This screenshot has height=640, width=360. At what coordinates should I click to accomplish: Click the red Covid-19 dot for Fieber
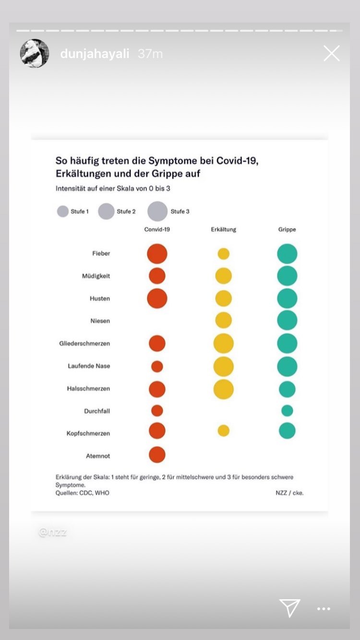[157, 254]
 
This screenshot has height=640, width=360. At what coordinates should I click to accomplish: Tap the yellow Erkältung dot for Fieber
[224, 254]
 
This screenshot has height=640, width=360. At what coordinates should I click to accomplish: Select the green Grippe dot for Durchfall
[287, 411]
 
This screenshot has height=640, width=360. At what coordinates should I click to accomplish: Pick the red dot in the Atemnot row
[157, 455]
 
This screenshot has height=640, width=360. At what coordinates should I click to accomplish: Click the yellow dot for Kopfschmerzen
[224, 430]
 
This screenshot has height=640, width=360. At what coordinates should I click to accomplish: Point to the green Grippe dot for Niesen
[287, 320]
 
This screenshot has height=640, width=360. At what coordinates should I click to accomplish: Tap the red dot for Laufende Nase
[157, 367]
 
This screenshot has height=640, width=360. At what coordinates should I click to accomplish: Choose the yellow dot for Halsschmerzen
[224, 389]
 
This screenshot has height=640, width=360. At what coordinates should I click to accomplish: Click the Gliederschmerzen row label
[84, 344]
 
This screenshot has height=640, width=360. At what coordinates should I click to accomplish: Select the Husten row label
[100, 298]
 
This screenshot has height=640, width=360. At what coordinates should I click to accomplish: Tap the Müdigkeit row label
[96, 276]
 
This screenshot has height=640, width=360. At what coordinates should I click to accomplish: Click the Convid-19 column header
[157, 229]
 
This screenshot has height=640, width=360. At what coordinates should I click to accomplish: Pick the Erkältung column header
[224, 229]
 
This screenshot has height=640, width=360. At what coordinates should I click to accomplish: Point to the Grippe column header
[287, 229]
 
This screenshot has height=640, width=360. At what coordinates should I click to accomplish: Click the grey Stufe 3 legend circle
[157, 212]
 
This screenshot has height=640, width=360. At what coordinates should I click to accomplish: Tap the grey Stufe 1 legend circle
[63, 212]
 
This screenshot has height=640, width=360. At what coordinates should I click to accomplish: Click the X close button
[332, 53]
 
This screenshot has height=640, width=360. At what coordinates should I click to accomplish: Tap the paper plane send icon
[290, 608]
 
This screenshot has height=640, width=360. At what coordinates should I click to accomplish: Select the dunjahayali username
[95, 54]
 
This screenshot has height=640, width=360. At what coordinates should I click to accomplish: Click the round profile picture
[35, 53]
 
